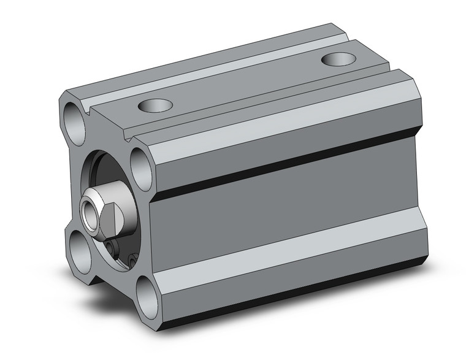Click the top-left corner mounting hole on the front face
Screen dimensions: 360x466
click(x=73, y=119)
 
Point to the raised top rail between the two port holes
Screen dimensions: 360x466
click(x=245, y=83)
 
